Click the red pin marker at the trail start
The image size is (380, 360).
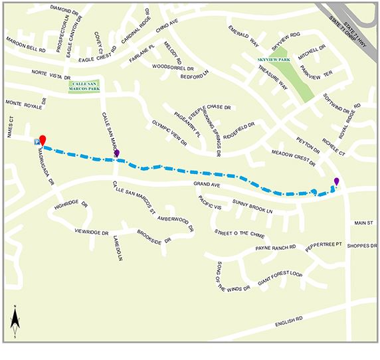coord(43,139)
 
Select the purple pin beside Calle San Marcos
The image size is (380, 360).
coord(117,153)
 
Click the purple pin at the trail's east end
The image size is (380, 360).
coord(336,181)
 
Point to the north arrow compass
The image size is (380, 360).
coord(15,322)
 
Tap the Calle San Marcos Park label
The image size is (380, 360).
coord(85,84)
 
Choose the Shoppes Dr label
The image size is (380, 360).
coord(362,245)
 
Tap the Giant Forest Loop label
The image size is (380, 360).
coord(280,274)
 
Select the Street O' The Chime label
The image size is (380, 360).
coord(238,233)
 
